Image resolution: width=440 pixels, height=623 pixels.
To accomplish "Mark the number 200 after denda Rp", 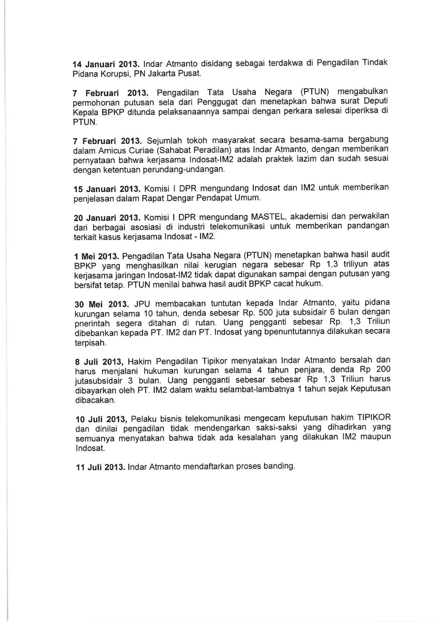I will pyautogui.click(x=383, y=369).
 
